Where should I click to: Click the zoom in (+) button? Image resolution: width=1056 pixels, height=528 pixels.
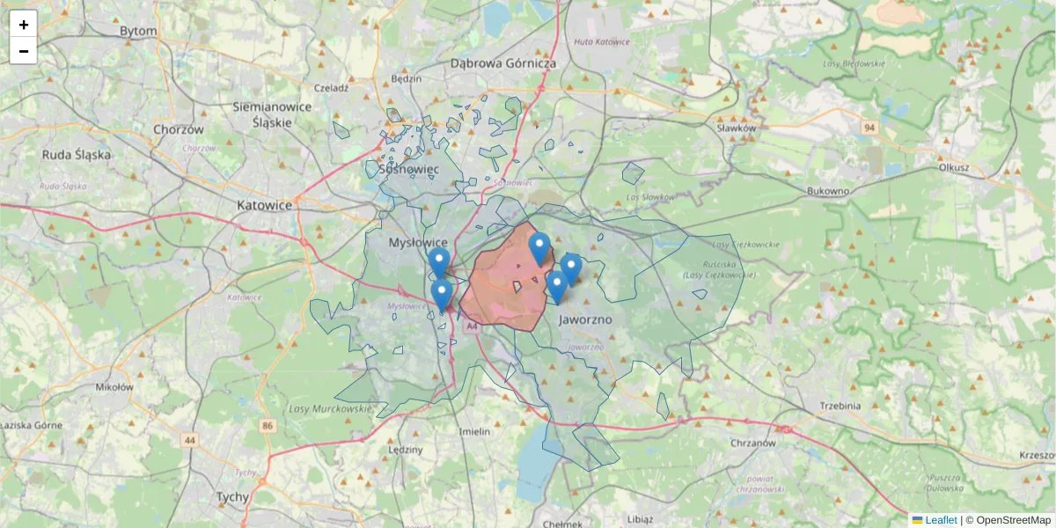coord(24,24)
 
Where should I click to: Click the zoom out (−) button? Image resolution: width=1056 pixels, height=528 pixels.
coord(24,51)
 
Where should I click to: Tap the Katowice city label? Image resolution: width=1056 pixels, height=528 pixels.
coord(264,205)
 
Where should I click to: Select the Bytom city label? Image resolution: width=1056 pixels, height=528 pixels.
coord(138,31)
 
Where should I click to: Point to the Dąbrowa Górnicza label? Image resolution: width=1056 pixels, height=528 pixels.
coord(503,63)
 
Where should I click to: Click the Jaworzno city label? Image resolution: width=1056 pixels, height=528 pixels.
coord(585,320)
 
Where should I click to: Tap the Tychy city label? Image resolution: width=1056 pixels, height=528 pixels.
coord(232,496)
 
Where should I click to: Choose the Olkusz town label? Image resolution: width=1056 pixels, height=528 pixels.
coord(954,166)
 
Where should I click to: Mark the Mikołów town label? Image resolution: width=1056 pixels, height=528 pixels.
coord(114,386)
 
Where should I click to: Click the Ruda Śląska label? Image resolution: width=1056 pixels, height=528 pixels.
coord(77,155)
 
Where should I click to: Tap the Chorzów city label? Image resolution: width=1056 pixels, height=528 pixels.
coord(178,128)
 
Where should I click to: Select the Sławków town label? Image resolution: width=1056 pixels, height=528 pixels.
coord(737,128)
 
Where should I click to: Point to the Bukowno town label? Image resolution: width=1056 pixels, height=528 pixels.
coord(828,191)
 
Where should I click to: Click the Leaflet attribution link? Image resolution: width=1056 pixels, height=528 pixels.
coord(940,520)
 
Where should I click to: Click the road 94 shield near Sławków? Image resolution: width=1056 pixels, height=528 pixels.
coord(869,128)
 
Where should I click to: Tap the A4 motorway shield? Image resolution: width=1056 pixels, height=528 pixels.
coord(472,326)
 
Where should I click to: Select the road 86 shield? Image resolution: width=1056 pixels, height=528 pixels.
coord(268,426)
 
